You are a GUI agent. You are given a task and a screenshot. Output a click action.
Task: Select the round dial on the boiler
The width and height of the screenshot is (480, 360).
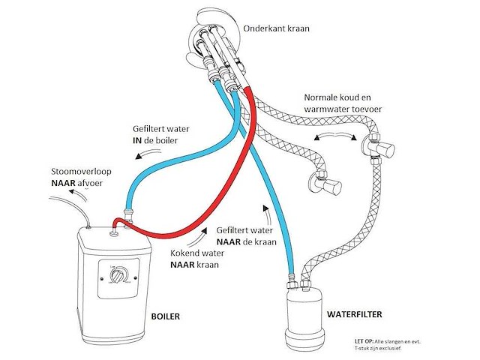pyautogui.click(x=118, y=280)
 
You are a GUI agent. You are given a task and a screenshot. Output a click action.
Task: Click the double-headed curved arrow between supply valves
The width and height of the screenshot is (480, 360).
pyautogui.click(x=336, y=136)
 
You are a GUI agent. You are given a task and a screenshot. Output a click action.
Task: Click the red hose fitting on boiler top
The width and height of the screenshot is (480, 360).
pyautogui.click(x=114, y=225)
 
